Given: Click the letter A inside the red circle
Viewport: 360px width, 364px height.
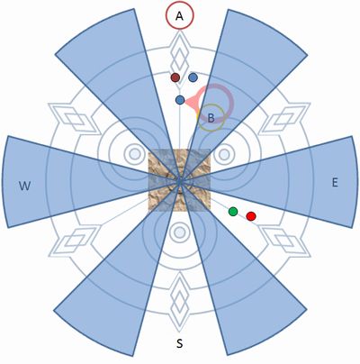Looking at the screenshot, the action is click(x=179, y=16).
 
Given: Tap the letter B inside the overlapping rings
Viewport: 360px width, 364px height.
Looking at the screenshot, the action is click(x=211, y=118).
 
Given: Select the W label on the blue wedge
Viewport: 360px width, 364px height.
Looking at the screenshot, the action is click(x=24, y=186).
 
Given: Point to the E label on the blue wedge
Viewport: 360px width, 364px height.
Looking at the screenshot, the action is click(x=335, y=182).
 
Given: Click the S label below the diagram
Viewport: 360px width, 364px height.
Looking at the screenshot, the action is click(x=179, y=343).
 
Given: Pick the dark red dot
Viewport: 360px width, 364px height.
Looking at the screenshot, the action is click(x=175, y=77).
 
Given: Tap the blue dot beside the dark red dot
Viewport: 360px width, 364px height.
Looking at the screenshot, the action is click(x=193, y=77).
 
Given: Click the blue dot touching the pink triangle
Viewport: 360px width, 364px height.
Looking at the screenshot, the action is click(x=180, y=100).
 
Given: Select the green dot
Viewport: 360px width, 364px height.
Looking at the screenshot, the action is click(x=233, y=212).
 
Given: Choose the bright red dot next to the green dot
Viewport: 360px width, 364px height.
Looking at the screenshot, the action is click(x=251, y=216).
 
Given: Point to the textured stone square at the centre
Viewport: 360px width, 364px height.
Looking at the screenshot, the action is click(x=179, y=180).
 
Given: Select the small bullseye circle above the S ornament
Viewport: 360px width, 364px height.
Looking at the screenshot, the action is click(x=179, y=232).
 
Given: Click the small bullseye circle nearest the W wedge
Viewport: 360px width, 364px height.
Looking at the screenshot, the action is click(x=134, y=154).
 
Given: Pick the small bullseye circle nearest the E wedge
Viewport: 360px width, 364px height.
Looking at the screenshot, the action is click(x=224, y=155).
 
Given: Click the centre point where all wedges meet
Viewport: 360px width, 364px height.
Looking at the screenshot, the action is click(x=179, y=181).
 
